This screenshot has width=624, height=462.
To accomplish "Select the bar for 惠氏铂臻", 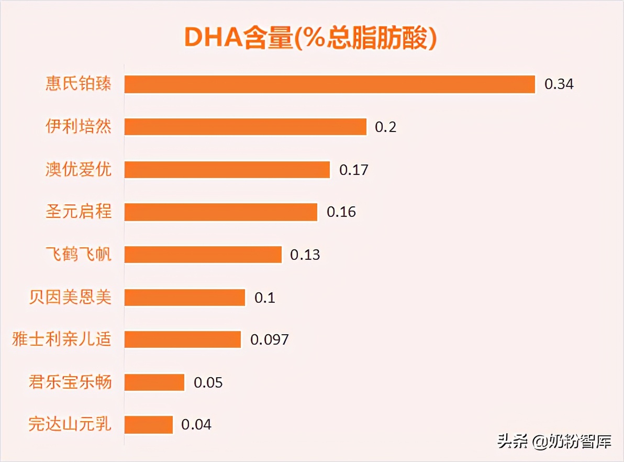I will [x=330, y=84].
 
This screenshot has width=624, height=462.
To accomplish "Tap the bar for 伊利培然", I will [x=245, y=127].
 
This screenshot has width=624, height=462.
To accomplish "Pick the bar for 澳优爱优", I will [x=227, y=170].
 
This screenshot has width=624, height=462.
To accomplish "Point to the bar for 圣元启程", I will [x=221, y=212].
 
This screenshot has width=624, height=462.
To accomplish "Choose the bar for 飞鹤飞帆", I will [x=203, y=255].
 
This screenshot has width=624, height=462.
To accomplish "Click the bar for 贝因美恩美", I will [x=185, y=298].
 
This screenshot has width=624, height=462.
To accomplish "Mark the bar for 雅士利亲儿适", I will [x=183, y=339].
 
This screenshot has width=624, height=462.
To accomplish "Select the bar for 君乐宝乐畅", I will [x=154, y=382].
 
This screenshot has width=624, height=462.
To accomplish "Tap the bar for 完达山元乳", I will [x=149, y=424].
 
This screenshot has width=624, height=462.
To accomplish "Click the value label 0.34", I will [x=559, y=84].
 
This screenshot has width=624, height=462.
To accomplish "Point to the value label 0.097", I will [x=269, y=339].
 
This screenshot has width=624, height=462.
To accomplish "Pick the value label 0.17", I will [x=354, y=170].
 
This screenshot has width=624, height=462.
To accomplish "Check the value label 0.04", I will [x=196, y=424].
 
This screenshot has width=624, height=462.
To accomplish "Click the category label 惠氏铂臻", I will [x=79, y=84].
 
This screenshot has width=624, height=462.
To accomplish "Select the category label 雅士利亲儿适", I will [x=62, y=339].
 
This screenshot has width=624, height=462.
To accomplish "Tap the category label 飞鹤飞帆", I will [x=79, y=255].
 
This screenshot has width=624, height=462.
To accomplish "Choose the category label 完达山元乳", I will [x=70, y=424].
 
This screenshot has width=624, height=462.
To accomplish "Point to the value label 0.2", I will [x=385, y=127].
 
